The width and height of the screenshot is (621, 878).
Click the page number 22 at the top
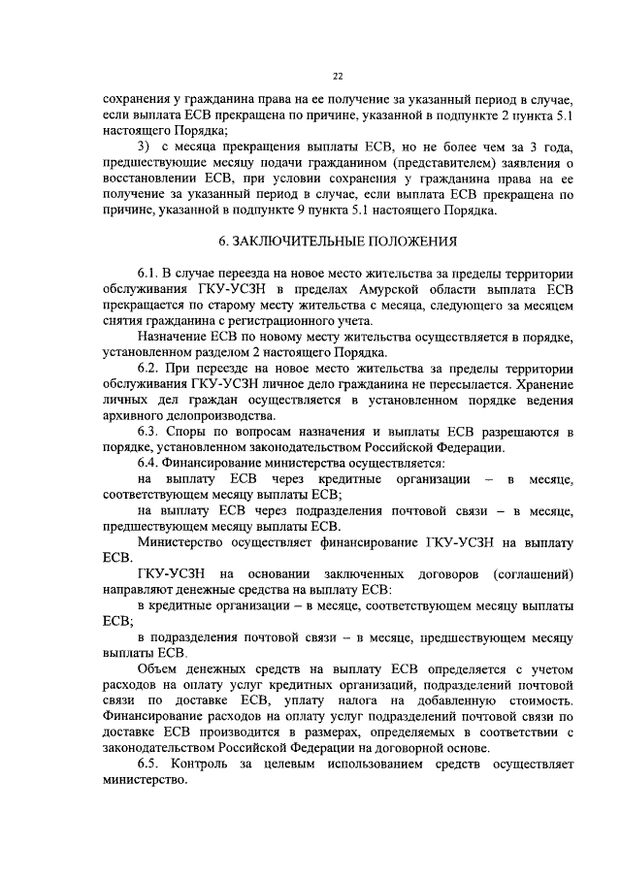point(337,76)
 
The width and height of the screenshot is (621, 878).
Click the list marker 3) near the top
point(145,146)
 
